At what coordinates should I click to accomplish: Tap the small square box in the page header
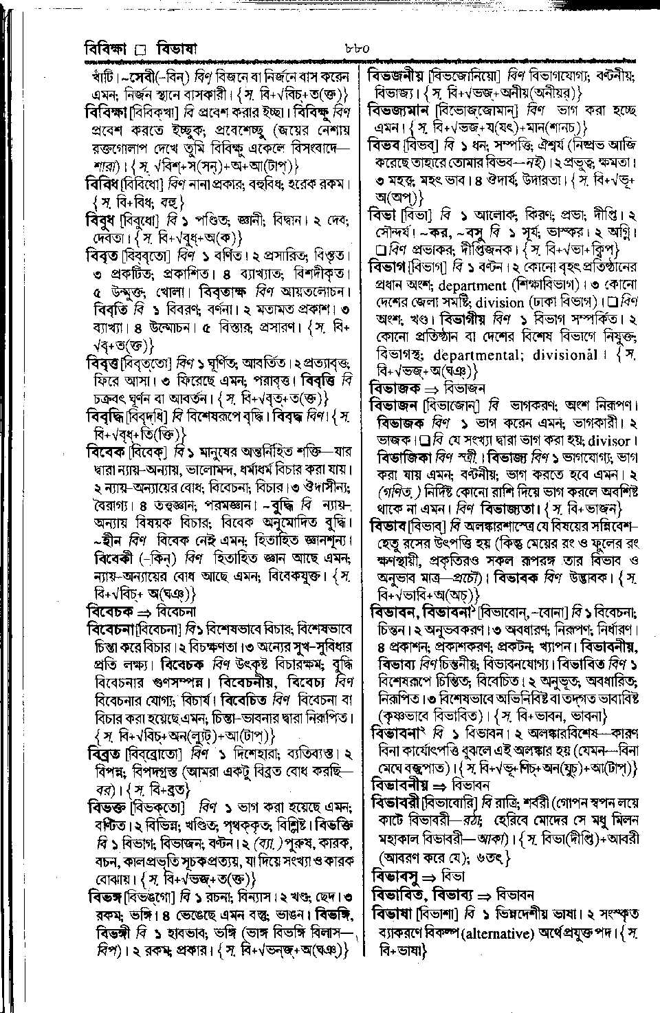click(142, 50)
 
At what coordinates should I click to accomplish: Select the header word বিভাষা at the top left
click(177, 50)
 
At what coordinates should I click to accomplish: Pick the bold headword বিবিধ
click(102, 184)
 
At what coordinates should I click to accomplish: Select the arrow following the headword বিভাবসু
click(430, 877)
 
